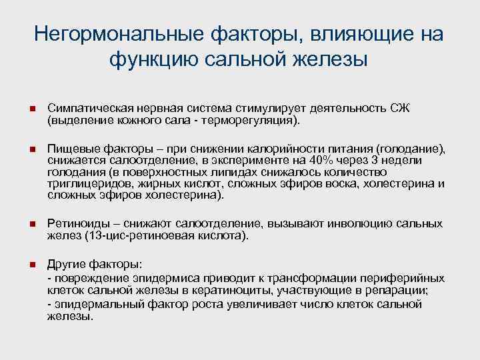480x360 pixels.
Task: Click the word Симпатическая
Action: pyautogui.click(x=86, y=108)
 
